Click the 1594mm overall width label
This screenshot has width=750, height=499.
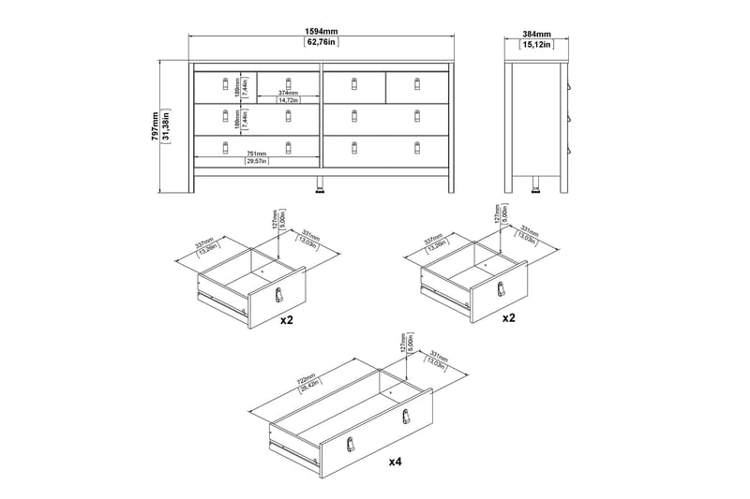[x=322, y=31]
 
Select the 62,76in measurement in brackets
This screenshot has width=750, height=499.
[x=322, y=43]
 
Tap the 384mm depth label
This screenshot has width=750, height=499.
[x=537, y=31]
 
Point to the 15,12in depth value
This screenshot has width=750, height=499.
[x=537, y=43]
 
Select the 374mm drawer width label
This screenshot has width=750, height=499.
[x=287, y=93]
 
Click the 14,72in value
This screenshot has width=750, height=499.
[x=287, y=101]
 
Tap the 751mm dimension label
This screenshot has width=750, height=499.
[x=256, y=154]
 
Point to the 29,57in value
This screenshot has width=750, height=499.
[x=256, y=162]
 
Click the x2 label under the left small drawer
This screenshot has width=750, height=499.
[x=285, y=318]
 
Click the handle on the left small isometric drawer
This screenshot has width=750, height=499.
[x=278, y=296]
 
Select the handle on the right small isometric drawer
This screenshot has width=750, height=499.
[x=501, y=290]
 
